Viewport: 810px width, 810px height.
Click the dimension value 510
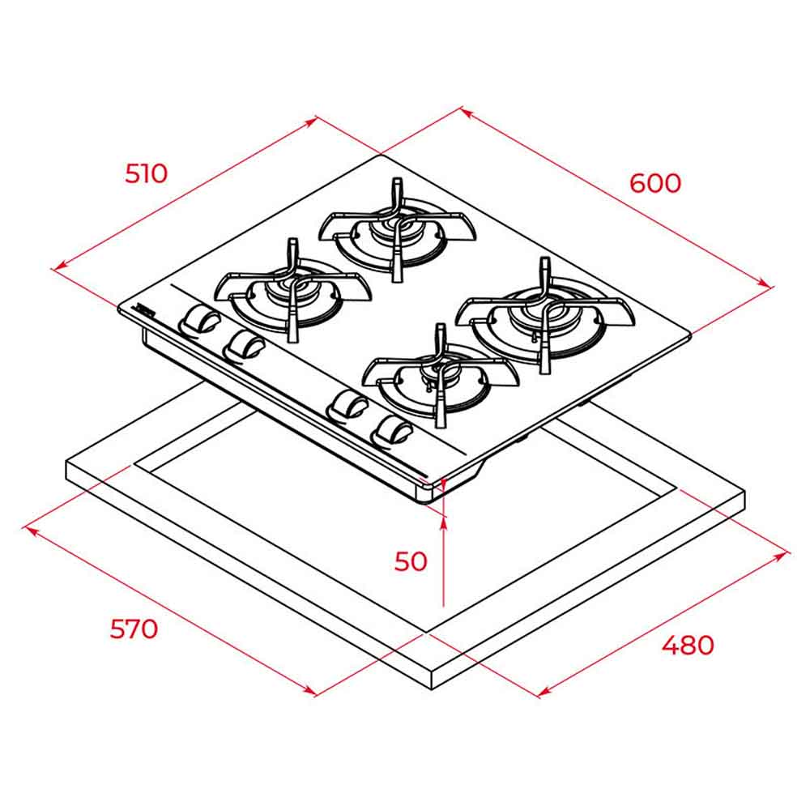point(146,173)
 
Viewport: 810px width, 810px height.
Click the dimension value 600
point(655,183)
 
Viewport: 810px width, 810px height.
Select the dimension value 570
point(134,629)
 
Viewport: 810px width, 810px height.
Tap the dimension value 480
point(688,645)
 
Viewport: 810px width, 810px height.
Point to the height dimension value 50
point(411,561)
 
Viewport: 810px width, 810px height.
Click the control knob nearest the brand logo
point(199,320)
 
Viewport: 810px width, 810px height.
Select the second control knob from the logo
point(244,345)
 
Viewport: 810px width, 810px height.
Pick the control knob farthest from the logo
point(394,430)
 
